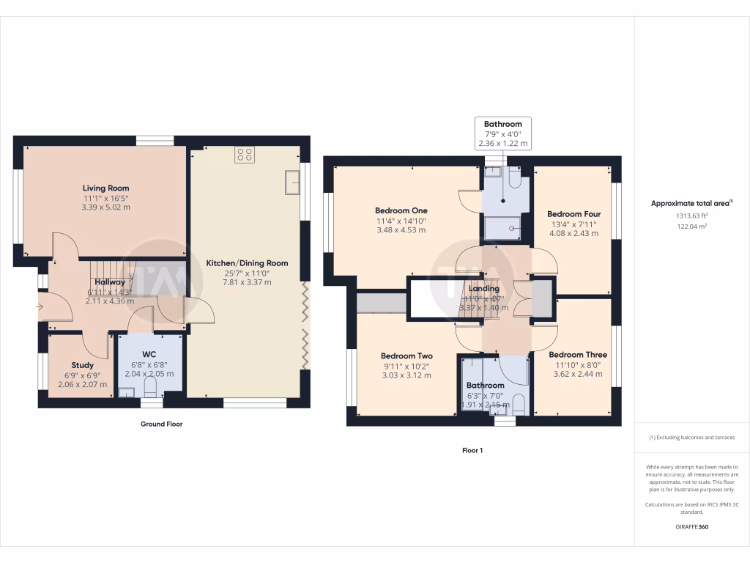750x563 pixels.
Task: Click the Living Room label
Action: [x=105, y=188]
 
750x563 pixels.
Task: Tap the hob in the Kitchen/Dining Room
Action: [x=244, y=155]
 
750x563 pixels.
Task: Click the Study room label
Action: [x=82, y=365]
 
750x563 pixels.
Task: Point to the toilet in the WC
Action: [x=152, y=387]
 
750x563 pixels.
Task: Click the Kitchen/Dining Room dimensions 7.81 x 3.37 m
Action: [x=247, y=282]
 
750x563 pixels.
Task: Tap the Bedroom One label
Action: [x=401, y=211]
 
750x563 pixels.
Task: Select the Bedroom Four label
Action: [x=573, y=214]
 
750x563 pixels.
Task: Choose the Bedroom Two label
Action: [x=406, y=356]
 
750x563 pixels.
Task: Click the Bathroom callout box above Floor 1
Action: [x=502, y=133]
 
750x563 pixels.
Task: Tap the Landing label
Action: [x=483, y=289]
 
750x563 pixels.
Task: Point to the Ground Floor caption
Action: [x=161, y=424]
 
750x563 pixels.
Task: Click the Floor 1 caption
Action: [x=472, y=450]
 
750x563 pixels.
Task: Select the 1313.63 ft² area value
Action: [x=691, y=216]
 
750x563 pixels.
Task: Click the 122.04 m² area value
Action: [x=691, y=227]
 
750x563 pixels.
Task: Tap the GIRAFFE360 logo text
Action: [x=691, y=527]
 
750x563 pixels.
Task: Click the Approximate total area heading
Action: [x=691, y=203]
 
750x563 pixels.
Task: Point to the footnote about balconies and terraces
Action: [x=691, y=438]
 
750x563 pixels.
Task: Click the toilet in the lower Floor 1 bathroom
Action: [x=518, y=405]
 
